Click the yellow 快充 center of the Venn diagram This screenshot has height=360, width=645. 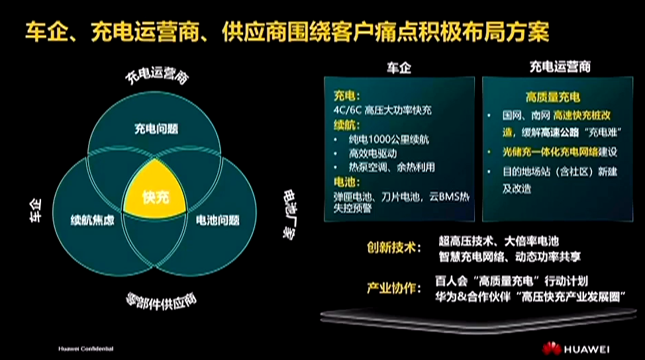pyautogui.click(x=156, y=197)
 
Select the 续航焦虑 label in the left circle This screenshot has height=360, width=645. pyautogui.click(x=93, y=220)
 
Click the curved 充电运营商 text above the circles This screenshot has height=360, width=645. pyautogui.click(x=158, y=77)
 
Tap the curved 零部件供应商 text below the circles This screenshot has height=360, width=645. pyautogui.click(x=161, y=303)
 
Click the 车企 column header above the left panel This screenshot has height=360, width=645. pyautogui.click(x=399, y=67)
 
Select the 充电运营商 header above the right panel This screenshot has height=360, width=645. pyautogui.click(x=560, y=67)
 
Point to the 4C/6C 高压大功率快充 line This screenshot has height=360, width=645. pyautogui.click(x=382, y=110)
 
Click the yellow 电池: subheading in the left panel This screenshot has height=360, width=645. pyautogui.click(x=346, y=182)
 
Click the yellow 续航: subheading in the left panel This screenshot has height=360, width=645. pyautogui.click(x=346, y=124)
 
